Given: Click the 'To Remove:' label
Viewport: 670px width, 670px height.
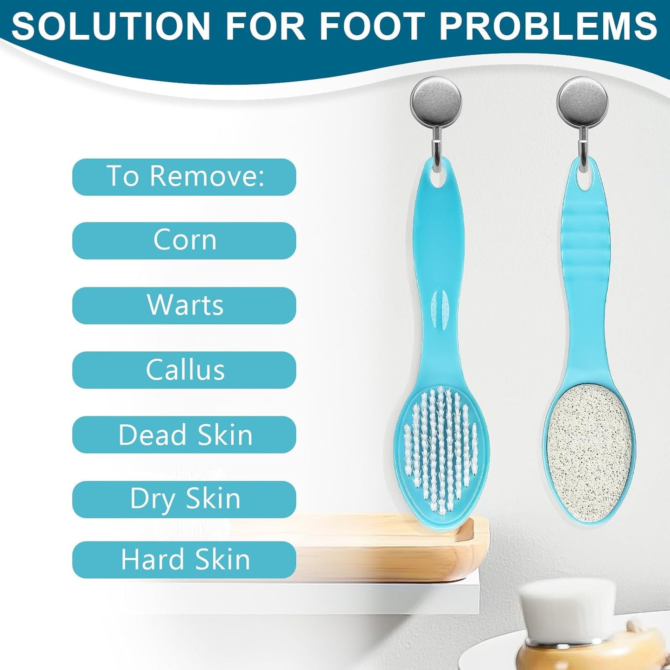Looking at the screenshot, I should tap(185, 177).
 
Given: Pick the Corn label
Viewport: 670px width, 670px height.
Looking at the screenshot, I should tap(185, 241).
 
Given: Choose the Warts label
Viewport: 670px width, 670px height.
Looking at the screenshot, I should tap(185, 306).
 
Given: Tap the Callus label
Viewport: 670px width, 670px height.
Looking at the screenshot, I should tap(185, 370).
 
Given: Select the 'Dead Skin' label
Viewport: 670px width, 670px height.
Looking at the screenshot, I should tap(185, 435).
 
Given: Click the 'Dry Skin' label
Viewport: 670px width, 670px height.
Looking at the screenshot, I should tap(185, 499).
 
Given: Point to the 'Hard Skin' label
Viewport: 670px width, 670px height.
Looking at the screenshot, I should tap(185, 560).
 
